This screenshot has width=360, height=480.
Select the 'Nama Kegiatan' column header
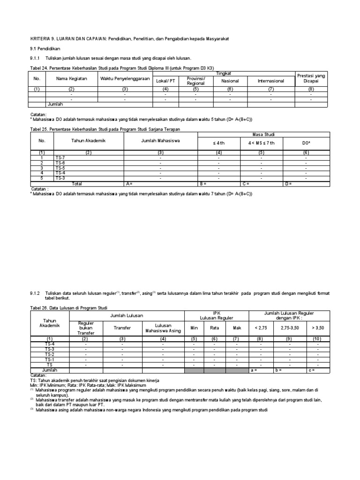coord(72,78)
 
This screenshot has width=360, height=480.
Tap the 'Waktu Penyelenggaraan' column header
coord(124,78)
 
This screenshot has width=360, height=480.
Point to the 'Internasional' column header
coord(271,81)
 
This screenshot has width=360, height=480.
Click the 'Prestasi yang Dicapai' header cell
coord(311,78)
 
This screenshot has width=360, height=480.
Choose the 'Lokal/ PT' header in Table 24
coord(165,81)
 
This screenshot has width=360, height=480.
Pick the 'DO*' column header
coord(306,142)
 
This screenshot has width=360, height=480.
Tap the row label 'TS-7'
coord(60,158)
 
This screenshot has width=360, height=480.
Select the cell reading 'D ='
coord(289,184)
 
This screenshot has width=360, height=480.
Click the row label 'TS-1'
coord(50,359)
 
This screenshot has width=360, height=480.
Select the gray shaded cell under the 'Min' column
coord(194,370)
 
